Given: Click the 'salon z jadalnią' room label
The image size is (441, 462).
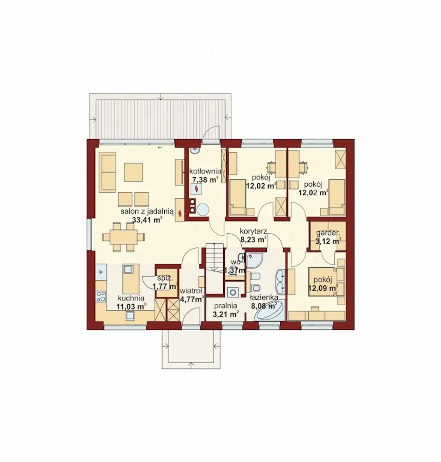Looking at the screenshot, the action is [x=147, y=211].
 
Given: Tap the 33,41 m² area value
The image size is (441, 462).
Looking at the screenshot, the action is [x=147, y=220].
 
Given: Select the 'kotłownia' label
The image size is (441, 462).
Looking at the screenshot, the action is [x=205, y=171].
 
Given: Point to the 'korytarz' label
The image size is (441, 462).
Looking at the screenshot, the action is [x=254, y=231].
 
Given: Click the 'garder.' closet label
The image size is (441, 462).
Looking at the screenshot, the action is [x=328, y=233].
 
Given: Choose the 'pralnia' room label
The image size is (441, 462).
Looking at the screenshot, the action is [x=225, y=306].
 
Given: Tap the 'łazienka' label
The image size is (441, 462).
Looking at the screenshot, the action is [x=264, y=297].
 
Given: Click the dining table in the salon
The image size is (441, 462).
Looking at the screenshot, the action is [x=124, y=237].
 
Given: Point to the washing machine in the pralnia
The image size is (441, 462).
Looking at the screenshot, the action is [x=233, y=292].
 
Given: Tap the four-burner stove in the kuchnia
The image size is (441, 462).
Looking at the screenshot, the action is [x=101, y=296].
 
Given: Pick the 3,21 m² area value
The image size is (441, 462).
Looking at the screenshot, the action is [x=225, y=315].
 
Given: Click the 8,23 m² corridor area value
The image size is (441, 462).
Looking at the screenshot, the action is [x=254, y=239].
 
